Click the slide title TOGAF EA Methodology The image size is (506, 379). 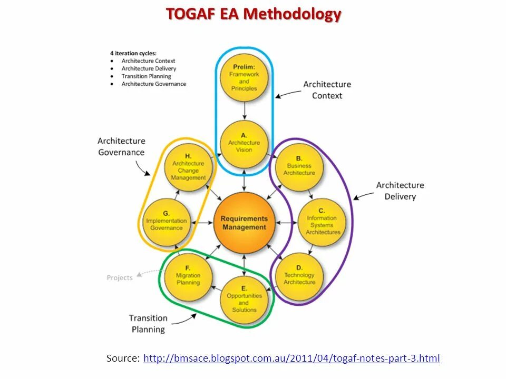(x=254, y=14)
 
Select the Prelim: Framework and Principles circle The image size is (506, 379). (x=244, y=78)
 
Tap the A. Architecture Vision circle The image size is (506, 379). (x=244, y=143)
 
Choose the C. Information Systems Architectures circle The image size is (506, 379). (x=322, y=222)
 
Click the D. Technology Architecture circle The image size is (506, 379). (x=299, y=276)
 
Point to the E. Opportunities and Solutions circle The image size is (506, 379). (x=244, y=300)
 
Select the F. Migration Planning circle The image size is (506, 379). (x=188, y=276)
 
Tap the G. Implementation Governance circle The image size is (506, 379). (x=167, y=222)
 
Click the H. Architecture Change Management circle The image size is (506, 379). (x=188, y=167)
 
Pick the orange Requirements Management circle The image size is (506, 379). (x=244, y=223)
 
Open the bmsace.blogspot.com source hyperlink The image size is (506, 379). (x=291, y=358)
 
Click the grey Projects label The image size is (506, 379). (x=120, y=277)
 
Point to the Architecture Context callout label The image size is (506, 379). (x=327, y=90)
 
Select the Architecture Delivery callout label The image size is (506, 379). (x=400, y=191)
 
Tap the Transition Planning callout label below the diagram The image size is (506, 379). (x=148, y=324)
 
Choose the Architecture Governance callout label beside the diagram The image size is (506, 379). (x=121, y=147)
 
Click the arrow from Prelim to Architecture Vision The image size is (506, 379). (x=244, y=109)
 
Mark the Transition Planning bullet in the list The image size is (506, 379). (x=146, y=76)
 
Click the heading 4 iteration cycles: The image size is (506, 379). (x=133, y=53)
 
